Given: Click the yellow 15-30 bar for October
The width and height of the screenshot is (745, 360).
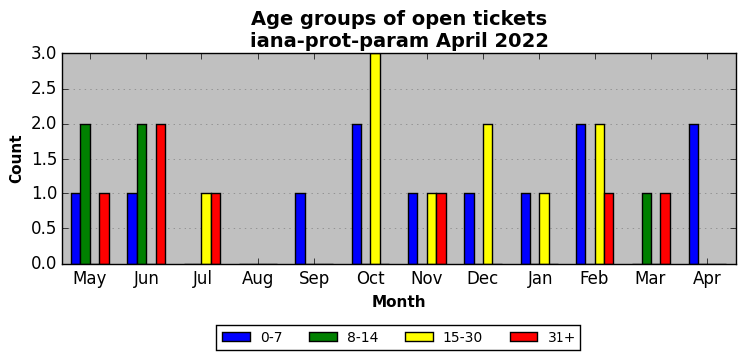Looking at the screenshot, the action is (375, 159).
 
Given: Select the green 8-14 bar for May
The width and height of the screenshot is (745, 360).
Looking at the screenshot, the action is (85, 193).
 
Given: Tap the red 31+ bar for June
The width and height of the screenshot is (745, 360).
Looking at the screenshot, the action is (161, 193).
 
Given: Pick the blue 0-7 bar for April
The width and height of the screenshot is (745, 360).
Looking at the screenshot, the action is (694, 193).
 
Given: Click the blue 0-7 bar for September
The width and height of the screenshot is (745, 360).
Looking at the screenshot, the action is (300, 229).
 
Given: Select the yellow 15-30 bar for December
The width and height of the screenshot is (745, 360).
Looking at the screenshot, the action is (488, 193).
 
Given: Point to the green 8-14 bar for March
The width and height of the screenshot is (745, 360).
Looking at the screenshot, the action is (646, 229).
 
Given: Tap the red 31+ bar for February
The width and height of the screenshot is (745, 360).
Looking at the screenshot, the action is (609, 229).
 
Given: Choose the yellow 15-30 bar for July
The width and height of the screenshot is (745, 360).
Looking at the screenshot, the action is (206, 229).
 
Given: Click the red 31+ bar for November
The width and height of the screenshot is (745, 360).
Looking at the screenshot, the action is (441, 229).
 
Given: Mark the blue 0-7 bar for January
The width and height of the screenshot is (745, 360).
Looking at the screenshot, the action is (525, 229).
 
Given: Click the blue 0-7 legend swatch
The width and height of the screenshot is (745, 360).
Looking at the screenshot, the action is (236, 337).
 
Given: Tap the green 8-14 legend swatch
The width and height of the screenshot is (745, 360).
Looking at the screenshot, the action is (323, 337).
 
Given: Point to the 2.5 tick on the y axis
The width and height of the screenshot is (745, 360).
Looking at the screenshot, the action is (43, 89).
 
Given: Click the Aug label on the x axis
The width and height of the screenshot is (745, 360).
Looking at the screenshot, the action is (257, 279).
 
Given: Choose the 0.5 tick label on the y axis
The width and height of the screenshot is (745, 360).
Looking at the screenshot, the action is (43, 229).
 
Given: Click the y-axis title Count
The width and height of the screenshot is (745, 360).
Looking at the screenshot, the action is (16, 160).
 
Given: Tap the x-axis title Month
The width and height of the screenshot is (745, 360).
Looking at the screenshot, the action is (398, 301).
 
